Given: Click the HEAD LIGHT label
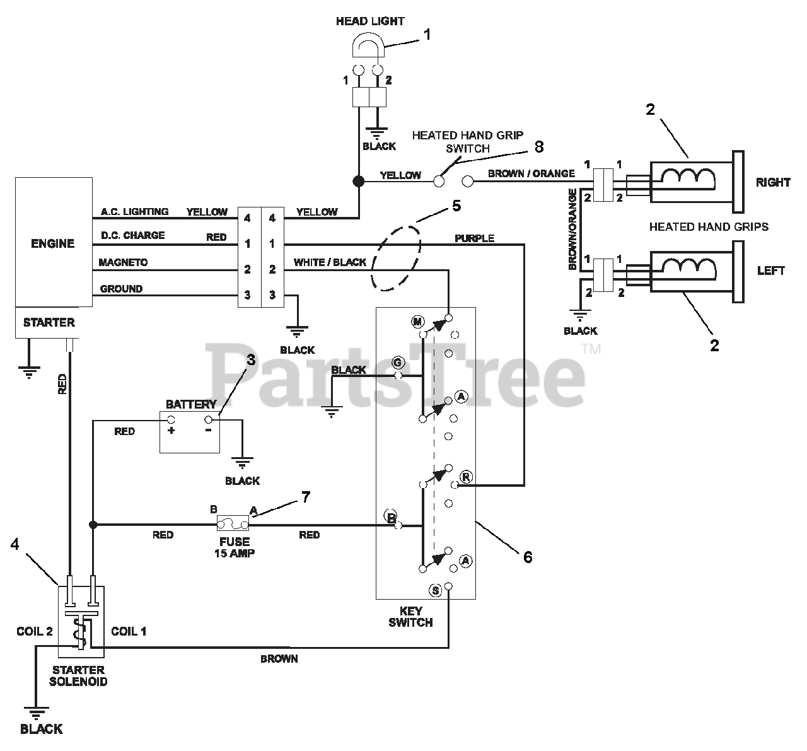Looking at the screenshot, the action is pos(370,21).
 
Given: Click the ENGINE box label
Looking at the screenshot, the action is pos(53,243).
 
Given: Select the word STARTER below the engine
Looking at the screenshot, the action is pos(49,322).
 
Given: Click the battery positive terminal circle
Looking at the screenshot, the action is pos(171,419).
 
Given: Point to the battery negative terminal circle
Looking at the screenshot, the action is pos(209,419).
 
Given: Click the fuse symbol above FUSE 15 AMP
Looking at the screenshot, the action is pos(233,523).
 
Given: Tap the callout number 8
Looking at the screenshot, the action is pos(539,147).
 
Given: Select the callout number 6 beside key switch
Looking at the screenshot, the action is pos(528,557).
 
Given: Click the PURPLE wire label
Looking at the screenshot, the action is pos(474,238).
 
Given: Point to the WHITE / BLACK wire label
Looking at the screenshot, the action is pos(330,262).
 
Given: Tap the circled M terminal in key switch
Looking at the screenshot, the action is pos(417,322).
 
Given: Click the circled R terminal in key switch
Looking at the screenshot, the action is pos(466,477).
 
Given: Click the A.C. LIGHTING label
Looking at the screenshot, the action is pos(134,211).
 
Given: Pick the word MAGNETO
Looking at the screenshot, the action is pos(123,262).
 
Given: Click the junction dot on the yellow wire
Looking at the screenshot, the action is pos(358,182).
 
